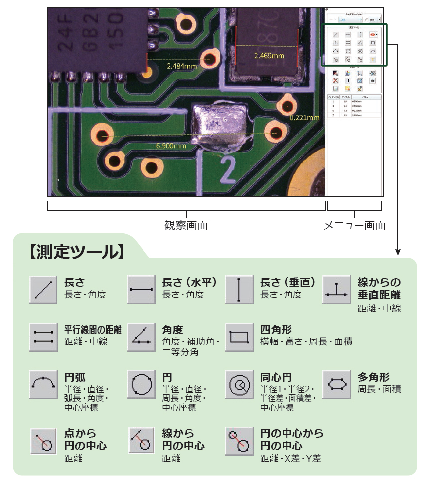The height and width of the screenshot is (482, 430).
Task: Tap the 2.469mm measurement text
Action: click(269, 56)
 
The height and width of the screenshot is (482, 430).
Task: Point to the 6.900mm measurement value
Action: click(171, 146)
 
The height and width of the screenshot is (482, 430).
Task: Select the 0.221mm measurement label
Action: click(304, 118)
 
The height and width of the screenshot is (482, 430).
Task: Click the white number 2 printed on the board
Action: click(228, 169)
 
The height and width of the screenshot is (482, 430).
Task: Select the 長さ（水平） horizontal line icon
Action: click(142, 289)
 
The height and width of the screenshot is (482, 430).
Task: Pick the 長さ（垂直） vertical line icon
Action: click(240, 289)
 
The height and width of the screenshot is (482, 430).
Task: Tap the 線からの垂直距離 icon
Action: click(337, 289)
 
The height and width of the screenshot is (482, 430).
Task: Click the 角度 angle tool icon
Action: click(142, 337)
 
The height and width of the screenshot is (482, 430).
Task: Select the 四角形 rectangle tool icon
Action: click(240, 337)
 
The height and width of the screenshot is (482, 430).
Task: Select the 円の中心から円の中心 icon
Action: click(240, 440)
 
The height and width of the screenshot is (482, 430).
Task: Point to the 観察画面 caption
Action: click(186, 225)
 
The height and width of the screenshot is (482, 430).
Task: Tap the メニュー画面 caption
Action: click(355, 225)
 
